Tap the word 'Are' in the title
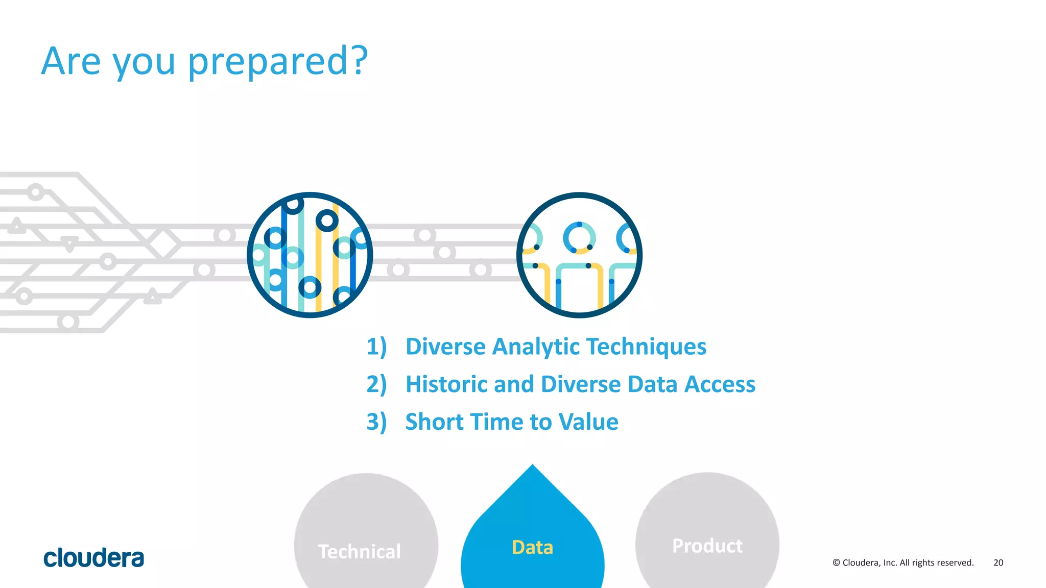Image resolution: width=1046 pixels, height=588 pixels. [x=70, y=61]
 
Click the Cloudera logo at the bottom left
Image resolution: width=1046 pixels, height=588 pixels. [x=93, y=558]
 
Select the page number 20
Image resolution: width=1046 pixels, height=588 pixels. [x=998, y=562]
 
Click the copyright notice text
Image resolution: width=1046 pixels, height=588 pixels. [x=902, y=562]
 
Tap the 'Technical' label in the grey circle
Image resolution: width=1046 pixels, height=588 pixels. [x=359, y=552]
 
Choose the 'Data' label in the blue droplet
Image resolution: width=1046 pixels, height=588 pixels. [x=532, y=547]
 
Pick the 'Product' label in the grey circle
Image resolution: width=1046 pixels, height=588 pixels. [x=707, y=546]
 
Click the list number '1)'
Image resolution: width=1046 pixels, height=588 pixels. [x=376, y=347]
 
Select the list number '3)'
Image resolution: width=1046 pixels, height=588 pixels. [x=376, y=422]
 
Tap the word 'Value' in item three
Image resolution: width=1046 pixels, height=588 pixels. [x=588, y=422]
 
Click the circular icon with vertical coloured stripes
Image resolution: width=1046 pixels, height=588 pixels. [x=310, y=255]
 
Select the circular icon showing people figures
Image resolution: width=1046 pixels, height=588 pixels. [x=579, y=255]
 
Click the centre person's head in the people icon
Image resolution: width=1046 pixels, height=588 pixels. [x=579, y=237]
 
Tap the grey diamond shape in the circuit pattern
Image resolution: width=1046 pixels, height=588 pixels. [x=164, y=243]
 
